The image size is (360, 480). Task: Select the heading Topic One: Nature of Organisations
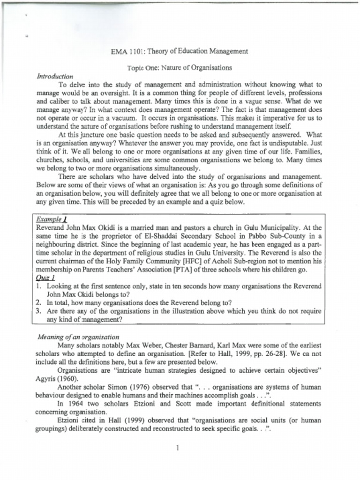pyautogui.click(x=180, y=67)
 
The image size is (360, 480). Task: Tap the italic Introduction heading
pyautogui.click(x=55, y=76)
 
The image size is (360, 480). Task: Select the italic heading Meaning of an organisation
pyautogui.click(x=78, y=337)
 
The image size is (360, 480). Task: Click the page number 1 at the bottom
pyautogui.click(x=178, y=448)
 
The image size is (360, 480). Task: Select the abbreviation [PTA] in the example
pyautogui.click(x=187, y=270)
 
